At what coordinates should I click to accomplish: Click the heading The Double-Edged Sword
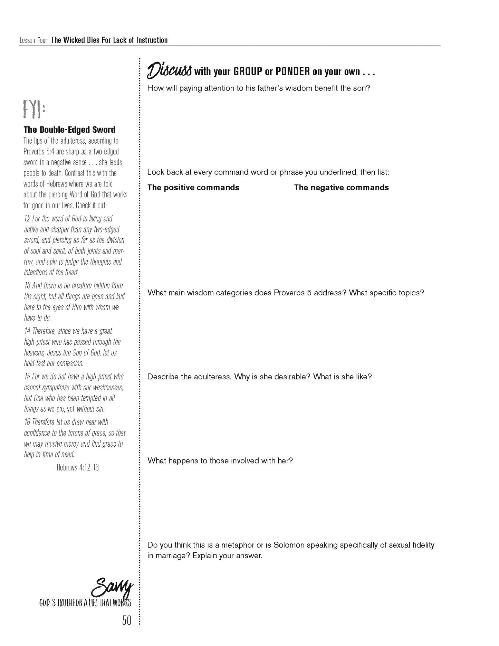pos(69,130)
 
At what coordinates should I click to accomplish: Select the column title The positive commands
pos(193,188)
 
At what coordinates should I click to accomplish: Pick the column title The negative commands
pos(341,188)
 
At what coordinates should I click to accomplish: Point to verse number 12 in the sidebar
pos(27,219)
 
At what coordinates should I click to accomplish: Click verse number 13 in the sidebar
pos(27,286)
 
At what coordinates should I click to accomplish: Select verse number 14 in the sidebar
pos(27,331)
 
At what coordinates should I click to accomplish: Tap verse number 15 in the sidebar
pos(27,377)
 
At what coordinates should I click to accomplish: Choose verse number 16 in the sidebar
pos(27,422)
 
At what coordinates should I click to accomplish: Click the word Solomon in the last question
pos(289,545)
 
